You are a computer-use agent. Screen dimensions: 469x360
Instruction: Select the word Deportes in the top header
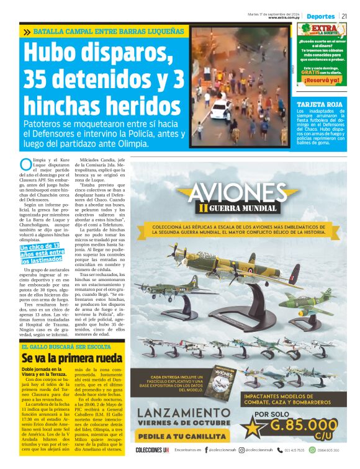click(321, 16)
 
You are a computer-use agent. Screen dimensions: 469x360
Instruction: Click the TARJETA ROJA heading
click(320, 104)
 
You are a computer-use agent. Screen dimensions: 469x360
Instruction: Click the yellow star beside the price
click(251, 426)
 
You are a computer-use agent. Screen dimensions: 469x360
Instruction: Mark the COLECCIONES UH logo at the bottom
click(152, 450)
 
